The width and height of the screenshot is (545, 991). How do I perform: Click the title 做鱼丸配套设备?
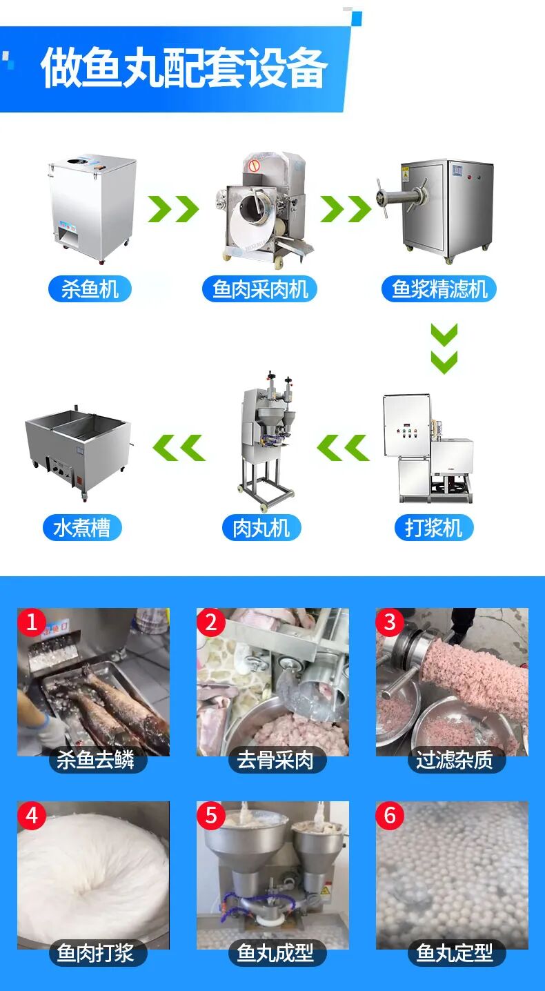click(x=184, y=68)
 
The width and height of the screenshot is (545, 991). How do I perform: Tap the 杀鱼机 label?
click(x=90, y=289)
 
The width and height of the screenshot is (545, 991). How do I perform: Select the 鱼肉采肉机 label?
click(x=259, y=289)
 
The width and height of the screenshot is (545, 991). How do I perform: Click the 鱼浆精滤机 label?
click(x=439, y=289)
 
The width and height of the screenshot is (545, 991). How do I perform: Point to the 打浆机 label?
click(x=433, y=527)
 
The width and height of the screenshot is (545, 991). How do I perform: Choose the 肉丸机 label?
click(x=261, y=527)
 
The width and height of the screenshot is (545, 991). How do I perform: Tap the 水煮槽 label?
click(x=82, y=527)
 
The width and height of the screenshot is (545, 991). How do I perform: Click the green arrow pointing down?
click(x=444, y=349)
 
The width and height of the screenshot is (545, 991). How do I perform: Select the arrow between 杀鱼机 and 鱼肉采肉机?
click(x=173, y=208)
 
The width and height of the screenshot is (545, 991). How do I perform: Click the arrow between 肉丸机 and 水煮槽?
click(x=179, y=447)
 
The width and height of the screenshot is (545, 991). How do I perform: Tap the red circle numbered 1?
click(x=32, y=622)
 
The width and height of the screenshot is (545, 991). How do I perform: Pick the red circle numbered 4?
click(x=32, y=815)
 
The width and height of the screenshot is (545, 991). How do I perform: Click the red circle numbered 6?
click(x=390, y=815)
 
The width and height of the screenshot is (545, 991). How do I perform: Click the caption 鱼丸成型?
click(x=275, y=953)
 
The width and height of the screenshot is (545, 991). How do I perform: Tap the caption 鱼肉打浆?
click(x=96, y=953)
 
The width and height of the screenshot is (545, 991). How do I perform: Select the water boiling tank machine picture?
click(x=79, y=452)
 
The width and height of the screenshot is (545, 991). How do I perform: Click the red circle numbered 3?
click(x=390, y=622)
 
